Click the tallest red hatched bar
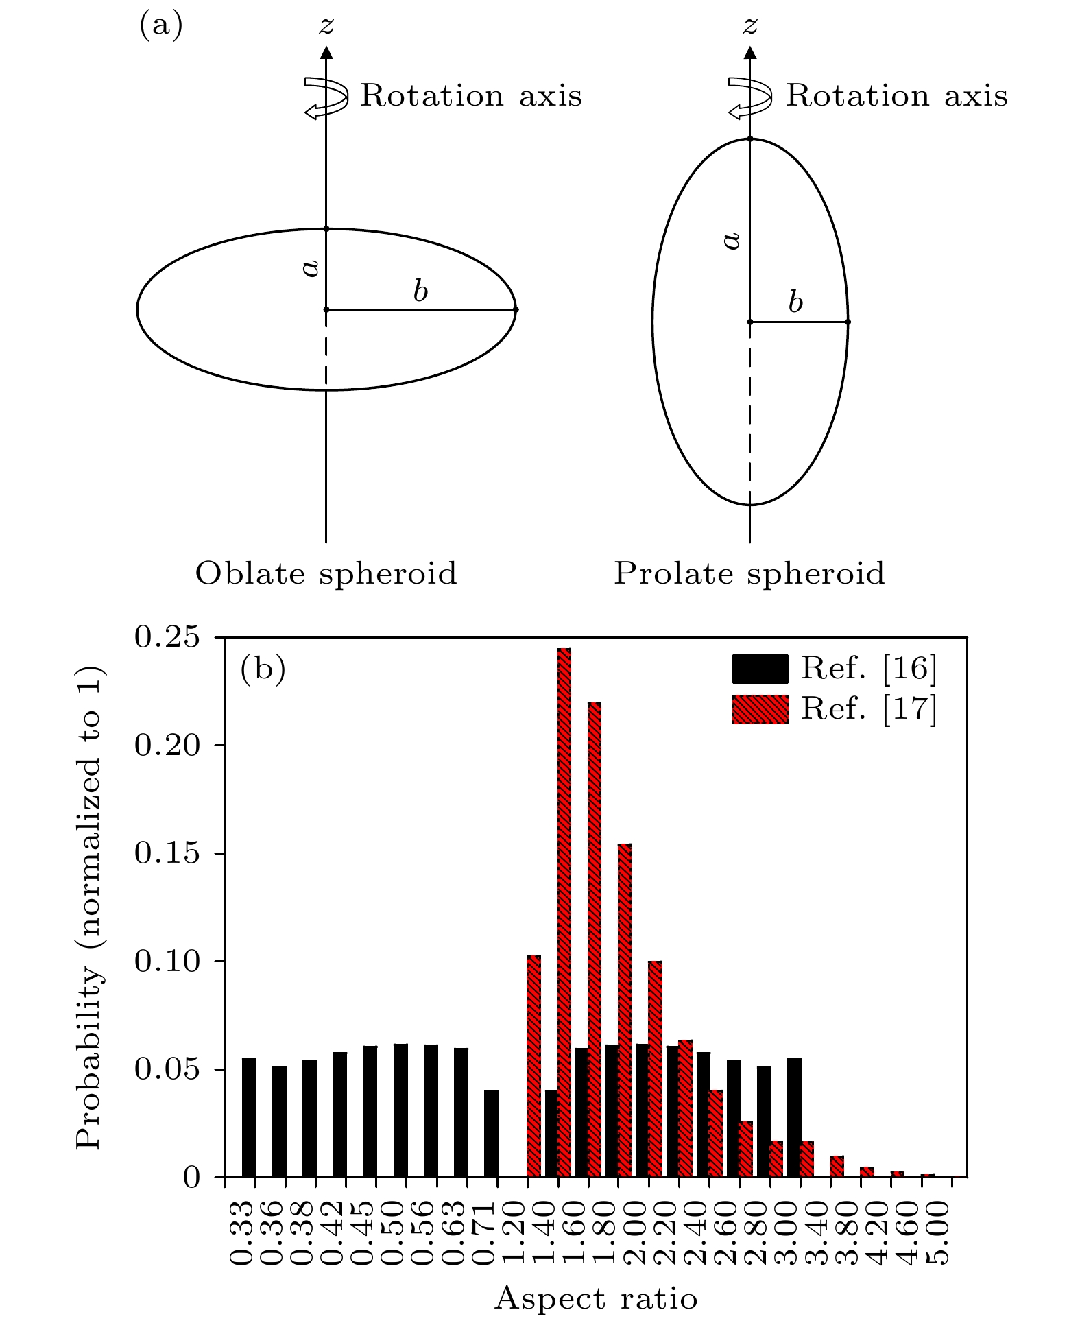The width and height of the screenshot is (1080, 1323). coord(564,912)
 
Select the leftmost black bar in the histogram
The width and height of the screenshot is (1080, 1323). coord(249,1117)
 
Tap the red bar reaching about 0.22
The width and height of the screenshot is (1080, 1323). coord(595,940)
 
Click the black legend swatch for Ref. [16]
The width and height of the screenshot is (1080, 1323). coord(760,669)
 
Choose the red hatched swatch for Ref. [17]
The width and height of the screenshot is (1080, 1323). coord(760,709)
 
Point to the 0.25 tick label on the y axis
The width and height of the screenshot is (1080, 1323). coord(167,637)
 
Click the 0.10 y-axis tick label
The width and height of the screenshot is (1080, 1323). coord(167,961)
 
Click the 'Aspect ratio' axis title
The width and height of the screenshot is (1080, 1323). coord(595,1298)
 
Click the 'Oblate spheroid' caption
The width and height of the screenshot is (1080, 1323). coord(326,573)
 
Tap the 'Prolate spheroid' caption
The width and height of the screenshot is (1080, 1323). coord(749,573)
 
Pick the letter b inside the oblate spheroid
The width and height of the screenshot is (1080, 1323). coord(420,291)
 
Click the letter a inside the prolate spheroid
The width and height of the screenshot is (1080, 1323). coord(732,240)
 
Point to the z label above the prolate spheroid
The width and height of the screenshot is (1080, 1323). coord(750,26)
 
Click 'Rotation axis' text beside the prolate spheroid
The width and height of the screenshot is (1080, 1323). coord(896,95)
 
